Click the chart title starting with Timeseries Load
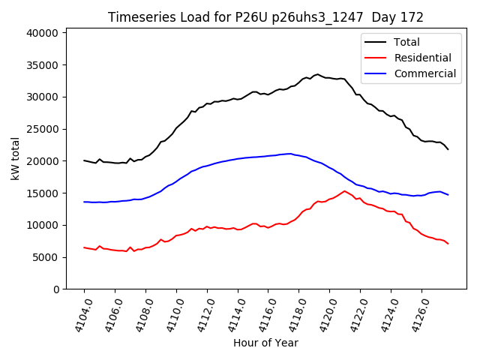pyautogui.click(x=265, y=17)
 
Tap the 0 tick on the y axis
pyautogui.click(x=55, y=289)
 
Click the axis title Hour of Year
pyautogui.click(x=265, y=343)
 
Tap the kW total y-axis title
pyautogui.click(x=16, y=159)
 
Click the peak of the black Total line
pyautogui.click(x=317, y=74)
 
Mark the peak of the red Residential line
pyautogui.click(x=345, y=190)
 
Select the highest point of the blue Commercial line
pyautogui.click(x=290, y=154)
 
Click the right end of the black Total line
pyautogui.click(x=448, y=149)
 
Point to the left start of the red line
pyautogui.click(x=84, y=247)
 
